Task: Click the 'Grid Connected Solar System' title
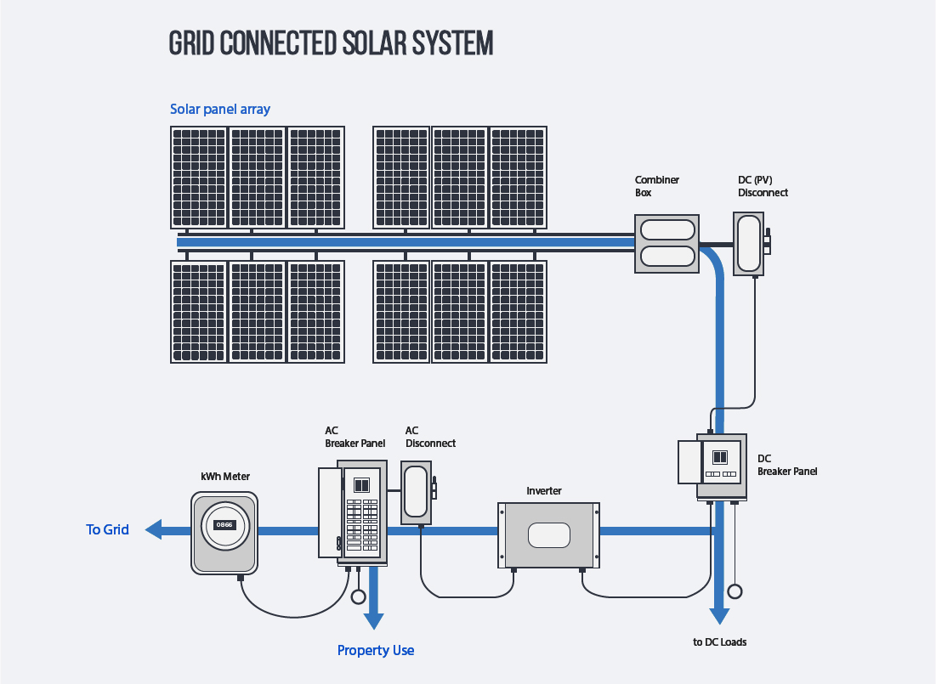331,43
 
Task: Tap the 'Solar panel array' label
220,110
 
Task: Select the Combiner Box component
667,243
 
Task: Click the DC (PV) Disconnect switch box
748,243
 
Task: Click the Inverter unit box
548,534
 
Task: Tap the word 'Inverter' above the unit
544,491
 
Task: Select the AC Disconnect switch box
417,492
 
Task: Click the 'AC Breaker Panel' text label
355,437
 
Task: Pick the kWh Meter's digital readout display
224,525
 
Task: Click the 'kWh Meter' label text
225,477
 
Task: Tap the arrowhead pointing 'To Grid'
154,530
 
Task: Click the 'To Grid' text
108,530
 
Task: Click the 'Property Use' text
376,651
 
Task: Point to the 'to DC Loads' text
720,642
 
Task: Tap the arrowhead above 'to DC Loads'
720,615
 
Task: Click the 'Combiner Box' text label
657,186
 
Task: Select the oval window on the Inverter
548,535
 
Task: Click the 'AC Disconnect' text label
430,437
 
